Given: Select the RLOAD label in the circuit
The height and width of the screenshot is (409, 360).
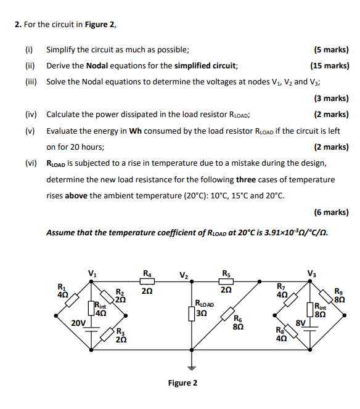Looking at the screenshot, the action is coord(204,303).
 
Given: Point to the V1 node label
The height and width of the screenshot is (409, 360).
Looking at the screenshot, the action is coord(92,273).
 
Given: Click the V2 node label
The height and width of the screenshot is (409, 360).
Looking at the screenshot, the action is coord(184,275).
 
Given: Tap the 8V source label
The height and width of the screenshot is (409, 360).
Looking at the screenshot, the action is coord(300,323).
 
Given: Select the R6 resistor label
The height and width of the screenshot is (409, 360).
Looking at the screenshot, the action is coord(238,318).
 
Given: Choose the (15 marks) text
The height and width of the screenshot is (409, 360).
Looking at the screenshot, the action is coord(329,65).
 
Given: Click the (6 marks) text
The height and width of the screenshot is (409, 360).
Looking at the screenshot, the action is coord(331,212).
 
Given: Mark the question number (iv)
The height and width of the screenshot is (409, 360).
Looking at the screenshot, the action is coord(31,114).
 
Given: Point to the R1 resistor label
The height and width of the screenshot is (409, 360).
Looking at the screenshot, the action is coord(62,286).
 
